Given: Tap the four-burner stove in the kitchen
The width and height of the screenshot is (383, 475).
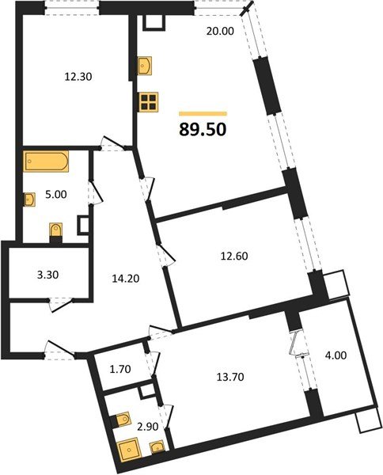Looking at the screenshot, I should click(148, 101).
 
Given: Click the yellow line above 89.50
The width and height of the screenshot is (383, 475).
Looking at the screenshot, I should click(203, 113).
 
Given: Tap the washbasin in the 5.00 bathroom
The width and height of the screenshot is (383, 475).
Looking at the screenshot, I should click(29, 199).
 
